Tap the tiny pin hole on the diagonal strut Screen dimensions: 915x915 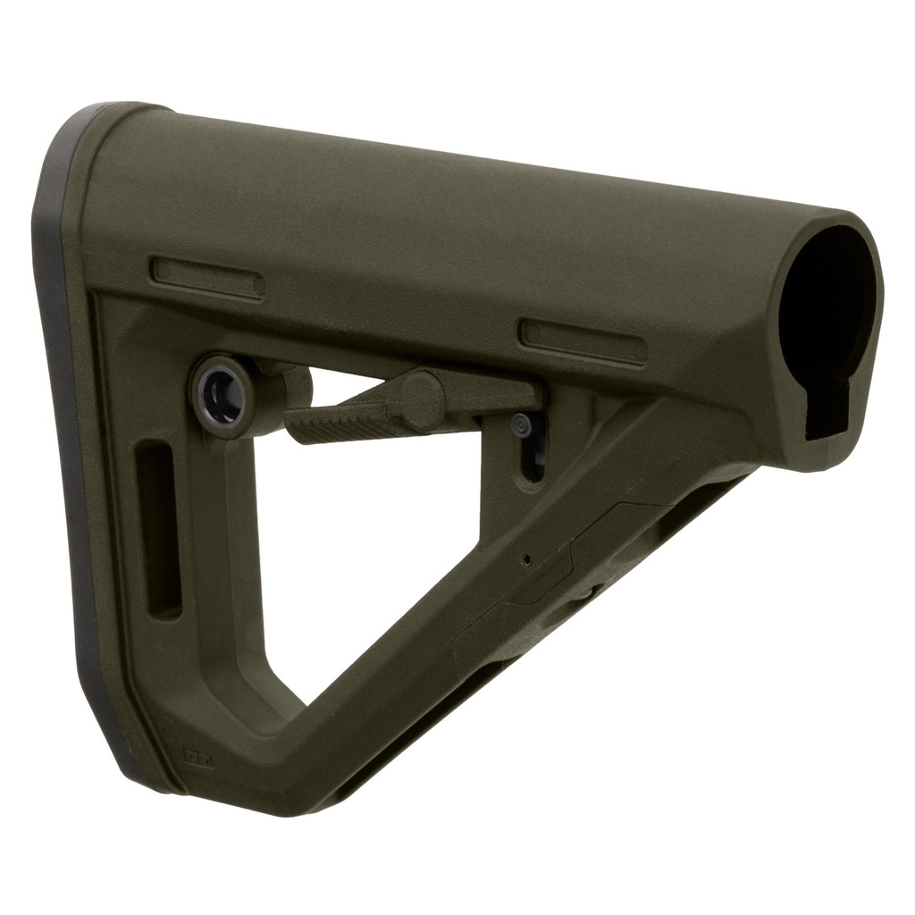pos(526,560)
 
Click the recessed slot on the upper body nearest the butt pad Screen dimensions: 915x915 pos(206,277)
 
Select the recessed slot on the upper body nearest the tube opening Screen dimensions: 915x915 pos(583,341)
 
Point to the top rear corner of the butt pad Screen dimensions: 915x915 pos(98,112)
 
